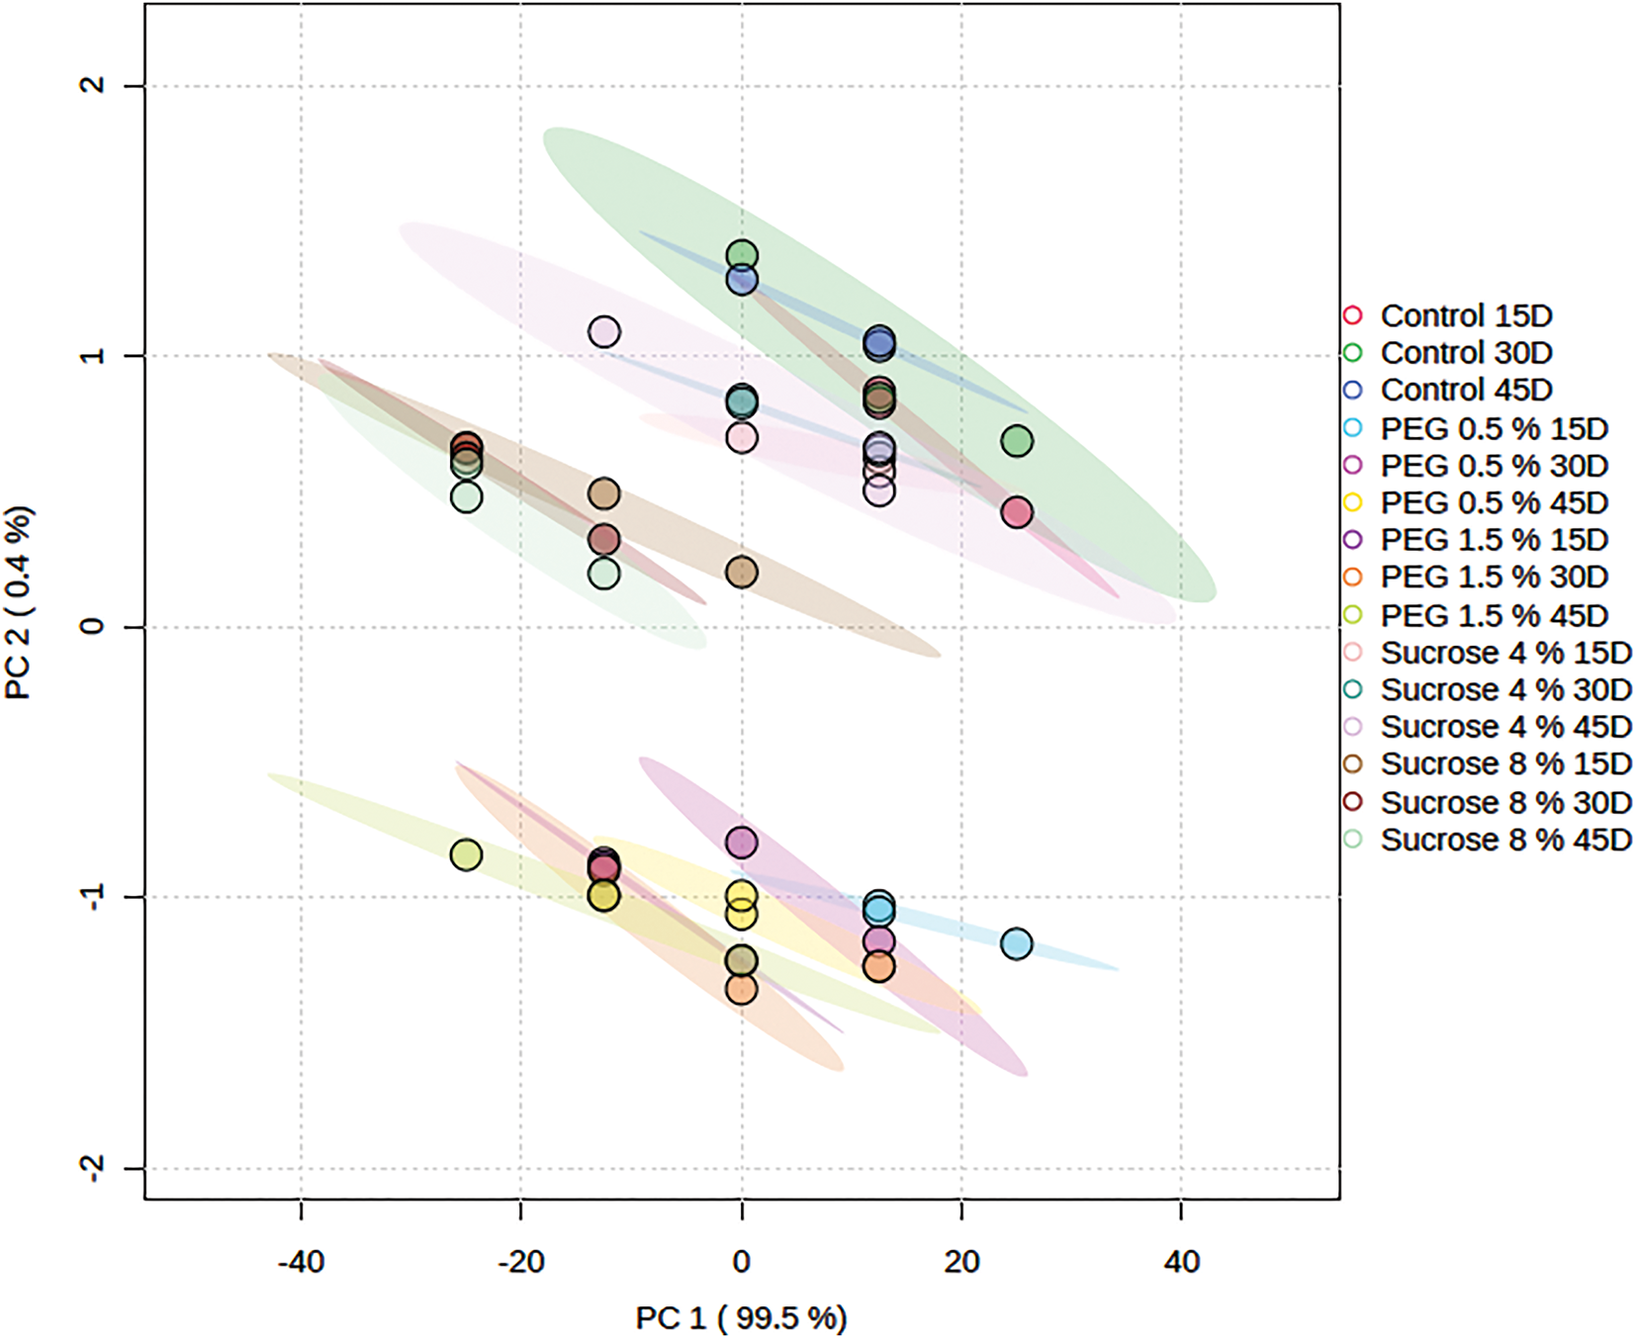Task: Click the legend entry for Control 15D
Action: [1466, 316]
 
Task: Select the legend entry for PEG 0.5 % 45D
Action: [1494, 503]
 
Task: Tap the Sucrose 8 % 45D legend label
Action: [1505, 841]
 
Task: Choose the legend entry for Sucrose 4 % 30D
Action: [1505, 690]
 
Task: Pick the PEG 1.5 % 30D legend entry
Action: [1494, 578]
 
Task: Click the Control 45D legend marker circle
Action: [1353, 391]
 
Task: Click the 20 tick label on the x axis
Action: [961, 1262]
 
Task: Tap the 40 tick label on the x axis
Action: [1181, 1262]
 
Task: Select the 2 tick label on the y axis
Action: [92, 85]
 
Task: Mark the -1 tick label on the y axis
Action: [92, 897]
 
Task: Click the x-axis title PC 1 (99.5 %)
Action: [741, 1318]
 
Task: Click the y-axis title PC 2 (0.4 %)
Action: [19, 602]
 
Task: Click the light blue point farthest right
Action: [1016, 944]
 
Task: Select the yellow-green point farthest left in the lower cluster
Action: [466, 854]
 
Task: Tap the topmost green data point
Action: [742, 256]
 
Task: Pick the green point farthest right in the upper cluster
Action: [1017, 441]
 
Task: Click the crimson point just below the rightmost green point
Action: [1017, 512]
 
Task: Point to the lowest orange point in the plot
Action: [741, 989]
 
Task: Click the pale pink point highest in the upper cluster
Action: [604, 332]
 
